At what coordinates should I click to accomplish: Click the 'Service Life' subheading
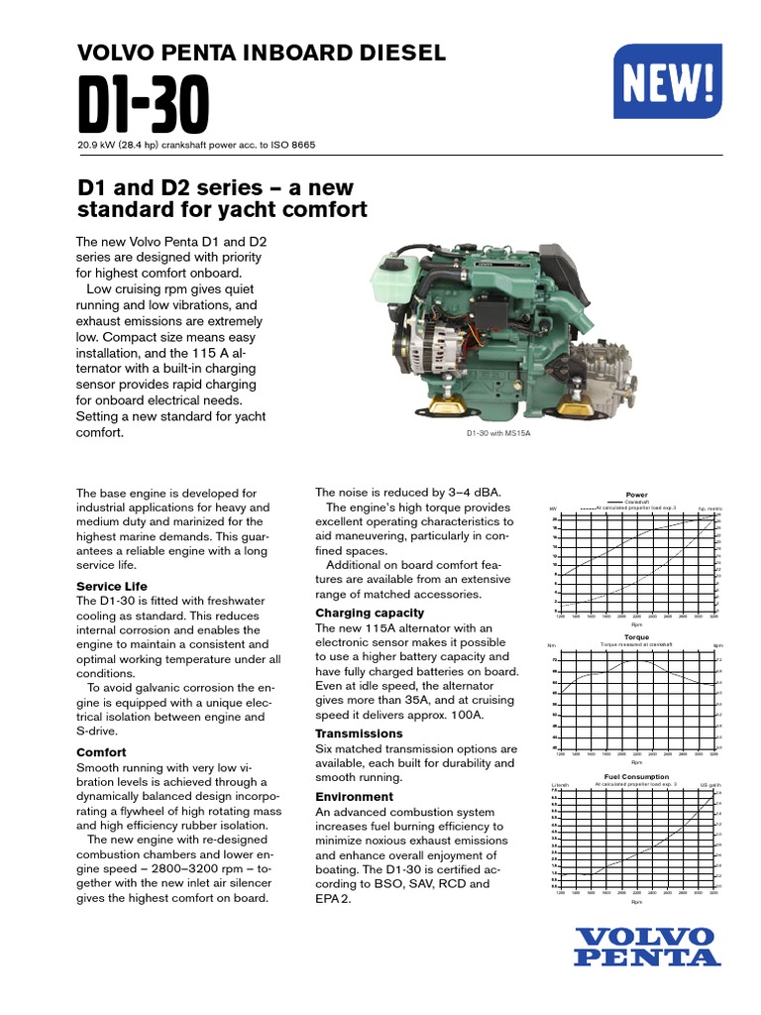click(x=112, y=587)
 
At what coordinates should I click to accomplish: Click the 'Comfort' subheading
click(x=101, y=752)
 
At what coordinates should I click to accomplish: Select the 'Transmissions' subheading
click(x=361, y=733)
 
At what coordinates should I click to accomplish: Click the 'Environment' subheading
click(x=354, y=797)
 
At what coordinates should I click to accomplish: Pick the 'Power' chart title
click(x=636, y=494)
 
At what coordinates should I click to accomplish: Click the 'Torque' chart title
click(x=636, y=636)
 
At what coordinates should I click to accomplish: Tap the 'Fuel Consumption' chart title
click(x=636, y=776)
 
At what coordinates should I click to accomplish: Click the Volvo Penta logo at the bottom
click(x=644, y=947)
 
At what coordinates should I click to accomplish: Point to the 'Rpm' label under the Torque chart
click(x=636, y=762)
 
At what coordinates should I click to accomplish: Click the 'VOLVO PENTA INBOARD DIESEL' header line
click(x=261, y=54)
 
